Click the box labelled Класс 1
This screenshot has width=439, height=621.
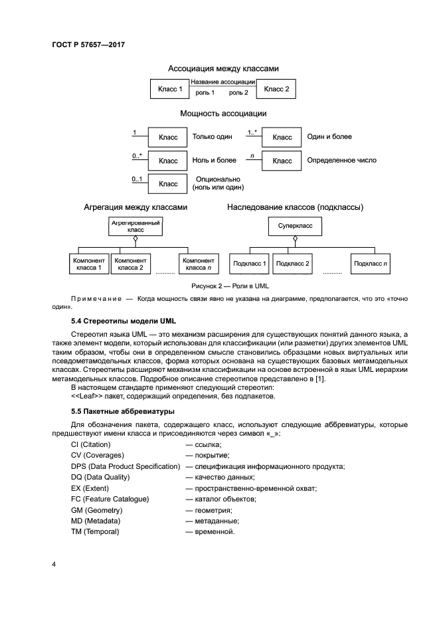tap(169, 88)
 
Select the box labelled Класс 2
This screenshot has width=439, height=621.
tap(276, 88)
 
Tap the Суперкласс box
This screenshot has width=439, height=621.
tap(295, 227)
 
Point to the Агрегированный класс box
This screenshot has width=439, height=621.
tap(135, 227)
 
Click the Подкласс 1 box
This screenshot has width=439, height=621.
tap(250, 264)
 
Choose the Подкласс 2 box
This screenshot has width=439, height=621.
tap(293, 264)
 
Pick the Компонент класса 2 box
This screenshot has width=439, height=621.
tap(130, 264)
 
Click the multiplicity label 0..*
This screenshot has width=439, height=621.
tap(137, 156)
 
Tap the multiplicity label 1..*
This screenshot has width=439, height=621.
tap(252, 132)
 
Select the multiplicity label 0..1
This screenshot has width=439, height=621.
tap(137, 179)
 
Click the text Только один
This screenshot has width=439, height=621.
tap(213, 137)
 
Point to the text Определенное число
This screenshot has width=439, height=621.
tap(341, 161)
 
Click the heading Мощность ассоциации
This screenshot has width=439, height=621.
tap(223, 114)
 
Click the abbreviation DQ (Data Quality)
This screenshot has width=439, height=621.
tap(100, 477)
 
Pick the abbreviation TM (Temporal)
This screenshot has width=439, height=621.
tap(95, 531)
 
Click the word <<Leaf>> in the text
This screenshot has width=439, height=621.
tap(86, 396)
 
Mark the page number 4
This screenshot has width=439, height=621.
tap(54, 565)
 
